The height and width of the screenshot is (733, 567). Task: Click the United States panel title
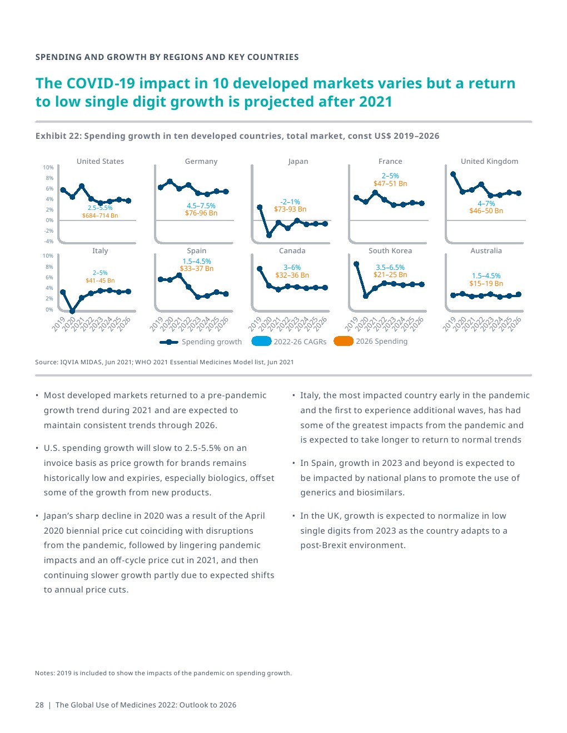(100, 162)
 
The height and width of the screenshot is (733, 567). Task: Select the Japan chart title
(298, 162)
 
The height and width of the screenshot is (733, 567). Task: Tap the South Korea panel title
(390, 251)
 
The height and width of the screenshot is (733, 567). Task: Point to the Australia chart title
(486, 251)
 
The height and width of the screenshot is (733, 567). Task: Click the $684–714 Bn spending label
(100, 215)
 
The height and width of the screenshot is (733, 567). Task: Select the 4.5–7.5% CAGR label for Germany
(201, 206)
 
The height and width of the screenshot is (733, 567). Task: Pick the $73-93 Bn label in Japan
(290, 209)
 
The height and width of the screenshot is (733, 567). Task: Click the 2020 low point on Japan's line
(269, 235)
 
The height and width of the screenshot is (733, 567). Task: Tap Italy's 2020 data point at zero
(72, 312)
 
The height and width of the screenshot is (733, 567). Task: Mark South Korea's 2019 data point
(356, 264)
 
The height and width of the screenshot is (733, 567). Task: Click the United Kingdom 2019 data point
(453, 174)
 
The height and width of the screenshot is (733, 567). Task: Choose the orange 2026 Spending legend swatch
(344, 342)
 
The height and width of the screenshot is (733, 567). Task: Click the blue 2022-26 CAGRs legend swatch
(261, 342)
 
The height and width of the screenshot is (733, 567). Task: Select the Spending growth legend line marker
(169, 342)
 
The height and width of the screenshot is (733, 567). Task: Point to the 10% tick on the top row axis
(48, 168)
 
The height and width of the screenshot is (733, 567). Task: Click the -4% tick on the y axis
(48, 242)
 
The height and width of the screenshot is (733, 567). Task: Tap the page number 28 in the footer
(39, 705)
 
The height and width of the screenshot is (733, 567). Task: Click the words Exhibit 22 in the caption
(57, 136)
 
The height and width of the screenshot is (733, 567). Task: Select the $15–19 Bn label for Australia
(486, 284)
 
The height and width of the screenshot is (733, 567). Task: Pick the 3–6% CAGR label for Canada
(292, 268)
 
